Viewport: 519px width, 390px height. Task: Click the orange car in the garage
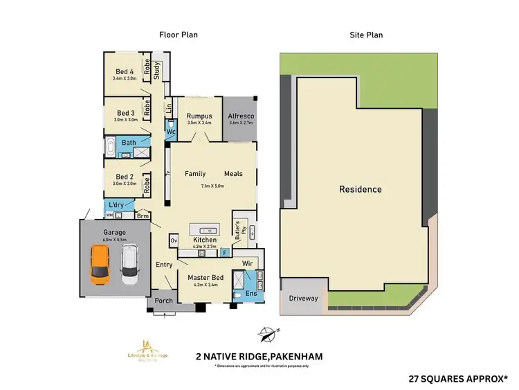pos(100,264)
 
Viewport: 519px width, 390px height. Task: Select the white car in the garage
pos(129,266)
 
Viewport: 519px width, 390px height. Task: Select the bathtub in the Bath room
pos(111,150)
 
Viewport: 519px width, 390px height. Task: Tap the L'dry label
pos(115,206)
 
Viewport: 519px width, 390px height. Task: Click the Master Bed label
pos(203,278)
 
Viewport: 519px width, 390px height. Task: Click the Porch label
pos(163,301)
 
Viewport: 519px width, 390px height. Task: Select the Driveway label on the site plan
pos(303,299)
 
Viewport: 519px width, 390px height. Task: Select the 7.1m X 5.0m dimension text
pos(213,186)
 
